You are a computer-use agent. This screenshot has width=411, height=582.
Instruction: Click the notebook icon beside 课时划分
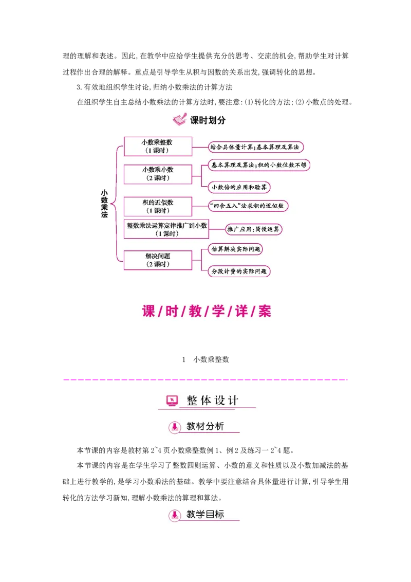tap(179, 120)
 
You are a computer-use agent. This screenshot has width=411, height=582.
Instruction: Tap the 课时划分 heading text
tap(208, 120)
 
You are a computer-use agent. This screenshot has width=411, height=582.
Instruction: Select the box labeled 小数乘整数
tap(158, 146)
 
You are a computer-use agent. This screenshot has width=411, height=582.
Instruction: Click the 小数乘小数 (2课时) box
tap(158, 174)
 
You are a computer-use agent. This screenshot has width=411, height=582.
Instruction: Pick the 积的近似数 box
tap(158, 206)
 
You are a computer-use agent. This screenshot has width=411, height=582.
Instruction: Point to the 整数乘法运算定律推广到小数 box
tap(166, 229)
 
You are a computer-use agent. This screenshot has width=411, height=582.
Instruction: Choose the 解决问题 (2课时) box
tap(158, 260)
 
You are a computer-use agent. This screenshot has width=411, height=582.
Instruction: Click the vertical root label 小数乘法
tap(104, 204)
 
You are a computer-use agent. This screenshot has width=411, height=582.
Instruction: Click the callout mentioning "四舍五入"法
tap(248, 206)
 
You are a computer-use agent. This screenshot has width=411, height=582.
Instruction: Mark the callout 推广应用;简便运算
tap(253, 229)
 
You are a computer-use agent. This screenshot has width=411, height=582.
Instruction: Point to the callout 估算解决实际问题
tap(236, 249)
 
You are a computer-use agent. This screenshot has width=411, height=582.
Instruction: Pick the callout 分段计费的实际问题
tap(239, 271)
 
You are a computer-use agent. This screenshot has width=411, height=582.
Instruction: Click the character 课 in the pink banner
tap(148, 311)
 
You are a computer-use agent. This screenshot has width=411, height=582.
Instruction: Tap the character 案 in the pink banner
tap(265, 311)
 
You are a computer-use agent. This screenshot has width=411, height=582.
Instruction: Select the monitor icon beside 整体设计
tap(172, 401)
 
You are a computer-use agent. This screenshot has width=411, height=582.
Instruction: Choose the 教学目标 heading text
tap(206, 514)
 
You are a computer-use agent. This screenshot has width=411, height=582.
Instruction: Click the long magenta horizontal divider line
tap(206, 380)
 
